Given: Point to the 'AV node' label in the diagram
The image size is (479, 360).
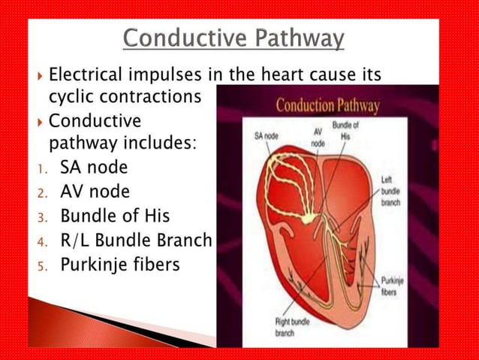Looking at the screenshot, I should point(318,135).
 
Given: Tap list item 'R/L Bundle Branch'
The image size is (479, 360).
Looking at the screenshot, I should point(136,241).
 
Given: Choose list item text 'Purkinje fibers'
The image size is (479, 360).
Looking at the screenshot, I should point(119,265).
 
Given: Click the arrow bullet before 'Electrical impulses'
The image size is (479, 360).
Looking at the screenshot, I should point(38,77).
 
